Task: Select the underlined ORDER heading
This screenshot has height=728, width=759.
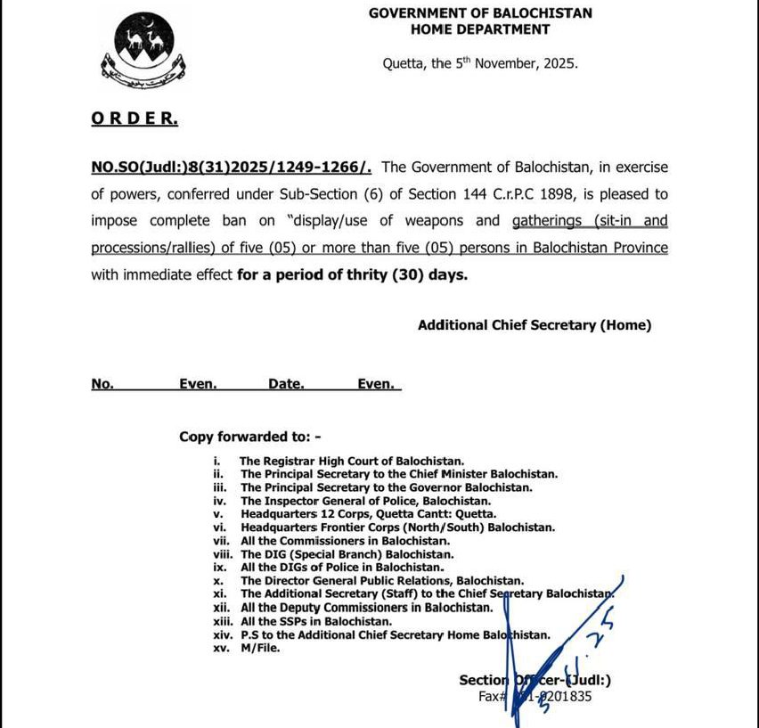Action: coord(134,119)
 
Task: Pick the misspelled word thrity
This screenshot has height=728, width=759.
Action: coord(362,275)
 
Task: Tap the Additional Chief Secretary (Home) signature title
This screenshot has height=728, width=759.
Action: coord(535,325)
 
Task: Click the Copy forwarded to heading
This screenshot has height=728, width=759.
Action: coord(249,437)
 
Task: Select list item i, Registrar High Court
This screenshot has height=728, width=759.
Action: coord(352,461)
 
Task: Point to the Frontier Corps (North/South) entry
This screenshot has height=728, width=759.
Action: coord(397,528)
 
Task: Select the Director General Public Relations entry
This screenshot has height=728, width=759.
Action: coord(374,581)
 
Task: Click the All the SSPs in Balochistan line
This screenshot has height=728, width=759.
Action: coord(315,621)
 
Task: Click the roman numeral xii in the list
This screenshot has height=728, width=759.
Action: coord(220,608)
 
